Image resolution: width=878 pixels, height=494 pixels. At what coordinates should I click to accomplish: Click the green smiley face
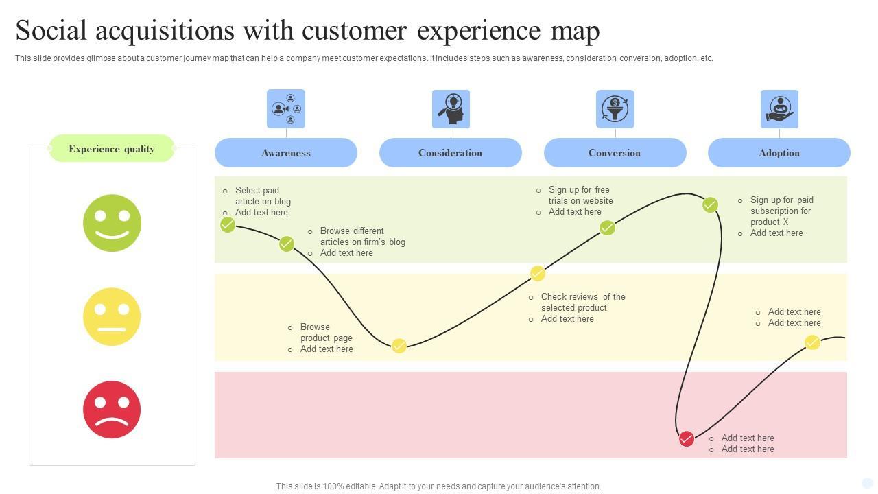click(112, 223)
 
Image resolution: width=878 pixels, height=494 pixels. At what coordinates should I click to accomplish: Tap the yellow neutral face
click(112, 317)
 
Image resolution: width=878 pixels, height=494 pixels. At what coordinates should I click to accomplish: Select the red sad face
click(112, 410)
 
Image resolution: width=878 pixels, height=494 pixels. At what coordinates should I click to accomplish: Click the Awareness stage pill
click(286, 152)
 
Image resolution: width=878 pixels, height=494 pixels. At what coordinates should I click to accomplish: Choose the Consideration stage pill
click(451, 152)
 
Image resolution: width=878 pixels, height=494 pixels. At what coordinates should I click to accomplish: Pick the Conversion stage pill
click(615, 152)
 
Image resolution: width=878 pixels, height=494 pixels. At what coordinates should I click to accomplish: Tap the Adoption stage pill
click(779, 152)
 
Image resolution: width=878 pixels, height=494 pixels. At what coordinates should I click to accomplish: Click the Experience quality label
click(112, 149)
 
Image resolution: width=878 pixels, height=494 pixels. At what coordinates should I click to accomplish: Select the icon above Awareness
click(286, 108)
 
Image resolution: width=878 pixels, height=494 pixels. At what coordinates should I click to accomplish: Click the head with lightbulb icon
click(451, 109)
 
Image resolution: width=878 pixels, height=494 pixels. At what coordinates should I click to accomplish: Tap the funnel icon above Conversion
click(615, 109)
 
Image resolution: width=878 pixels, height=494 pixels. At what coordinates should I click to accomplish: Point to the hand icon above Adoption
click(779, 109)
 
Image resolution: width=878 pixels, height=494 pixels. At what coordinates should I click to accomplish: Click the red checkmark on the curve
click(687, 438)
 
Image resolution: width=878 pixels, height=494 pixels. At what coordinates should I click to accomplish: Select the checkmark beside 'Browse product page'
click(399, 346)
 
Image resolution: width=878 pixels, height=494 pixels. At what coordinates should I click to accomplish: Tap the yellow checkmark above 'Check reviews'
click(537, 273)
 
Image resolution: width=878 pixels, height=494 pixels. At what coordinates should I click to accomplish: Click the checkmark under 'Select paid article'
click(227, 225)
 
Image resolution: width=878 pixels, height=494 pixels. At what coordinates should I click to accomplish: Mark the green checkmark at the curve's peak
click(710, 204)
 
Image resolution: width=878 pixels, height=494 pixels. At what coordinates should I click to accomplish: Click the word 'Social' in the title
click(51, 30)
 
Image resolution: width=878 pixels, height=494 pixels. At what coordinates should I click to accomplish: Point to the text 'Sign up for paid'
click(782, 200)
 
